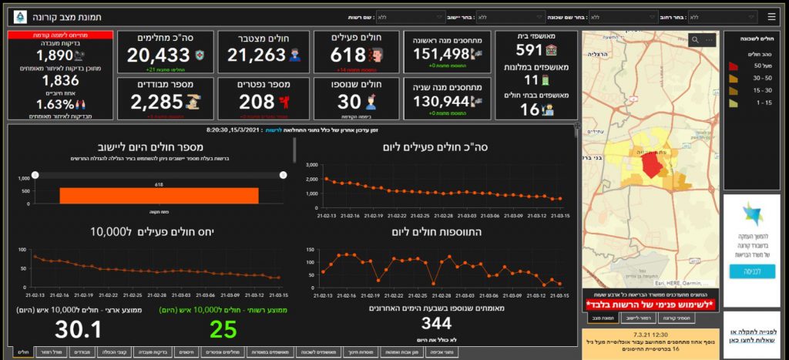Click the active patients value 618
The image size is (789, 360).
coord(347,55)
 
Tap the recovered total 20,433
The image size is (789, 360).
coord(158,55)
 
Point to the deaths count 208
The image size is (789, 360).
coord(257,101)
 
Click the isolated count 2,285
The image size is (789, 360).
coord(156,101)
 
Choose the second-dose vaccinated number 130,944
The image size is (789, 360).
coord(442,101)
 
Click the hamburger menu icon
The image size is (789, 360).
coord(772,16)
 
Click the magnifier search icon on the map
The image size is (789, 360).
coord(695,39)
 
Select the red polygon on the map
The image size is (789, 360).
coord(652,165)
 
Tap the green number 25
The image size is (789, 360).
coord(222,329)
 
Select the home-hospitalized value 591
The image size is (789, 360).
coord(529,50)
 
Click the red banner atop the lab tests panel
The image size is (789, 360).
coord(60,35)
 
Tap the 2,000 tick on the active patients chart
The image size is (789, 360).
coord(312,179)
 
